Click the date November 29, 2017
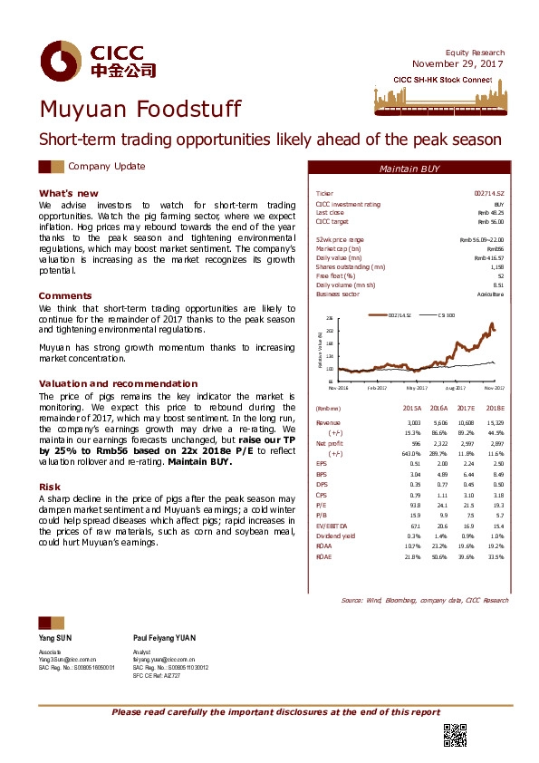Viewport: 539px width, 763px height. pyautogui.click(x=458, y=63)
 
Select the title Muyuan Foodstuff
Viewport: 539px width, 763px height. pyautogui.click(x=140, y=111)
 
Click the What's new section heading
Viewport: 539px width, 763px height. pyautogui.click(x=68, y=194)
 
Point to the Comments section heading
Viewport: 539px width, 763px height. pyautogui.click(x=65, y=295)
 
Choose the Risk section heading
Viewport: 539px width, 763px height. pyautogui.click(x=49, y=487)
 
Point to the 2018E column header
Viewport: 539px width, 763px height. pyautogui.click(x=495, y=410)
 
